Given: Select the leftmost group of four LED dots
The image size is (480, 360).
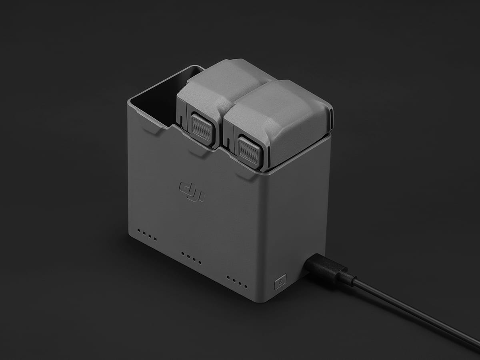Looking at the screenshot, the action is click(147, 235).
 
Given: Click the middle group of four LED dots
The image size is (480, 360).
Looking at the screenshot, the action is click(191, 258).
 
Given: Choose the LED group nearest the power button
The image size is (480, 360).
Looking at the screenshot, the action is click(237, 282).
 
